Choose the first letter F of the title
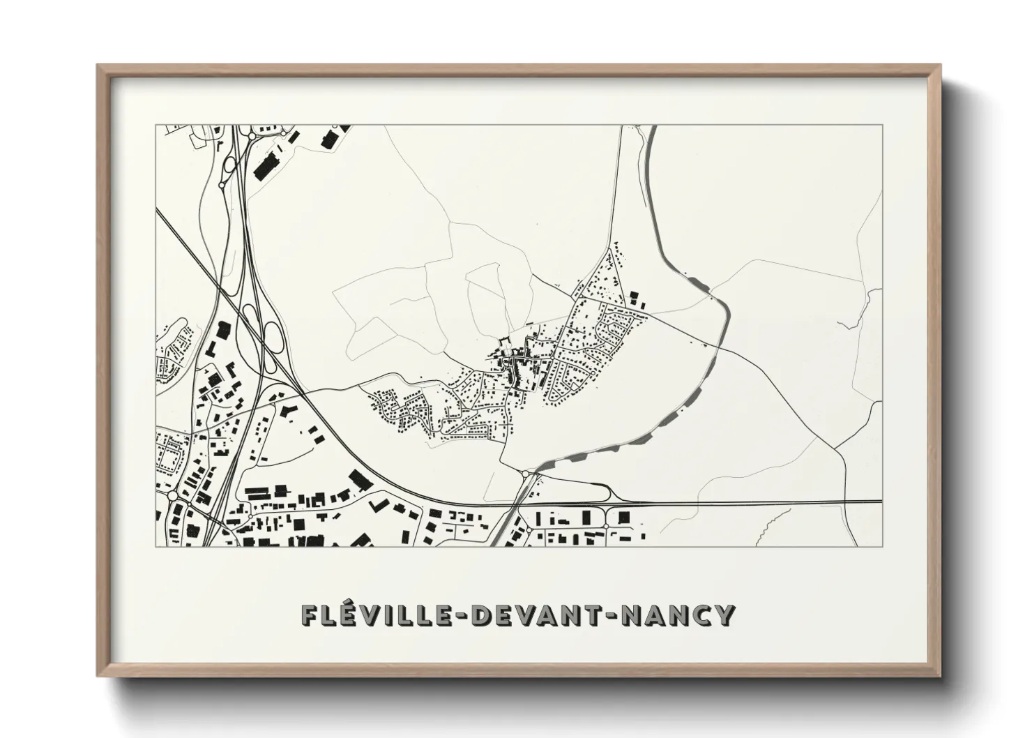tap(308, 615)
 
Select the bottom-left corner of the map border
tap(155, 546)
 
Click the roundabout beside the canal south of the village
tap(524, 474)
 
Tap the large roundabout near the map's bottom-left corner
tap(172, 496)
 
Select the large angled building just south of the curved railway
tap(360, 479)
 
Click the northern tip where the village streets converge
tap(617, 248)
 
